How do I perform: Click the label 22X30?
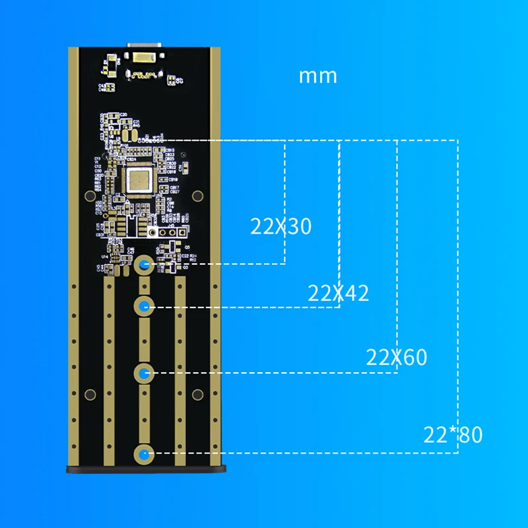280,226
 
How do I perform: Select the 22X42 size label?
338,292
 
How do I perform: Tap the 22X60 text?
397,357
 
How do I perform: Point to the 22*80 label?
453,435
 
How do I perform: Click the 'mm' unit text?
318,75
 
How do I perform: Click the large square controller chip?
141,180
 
